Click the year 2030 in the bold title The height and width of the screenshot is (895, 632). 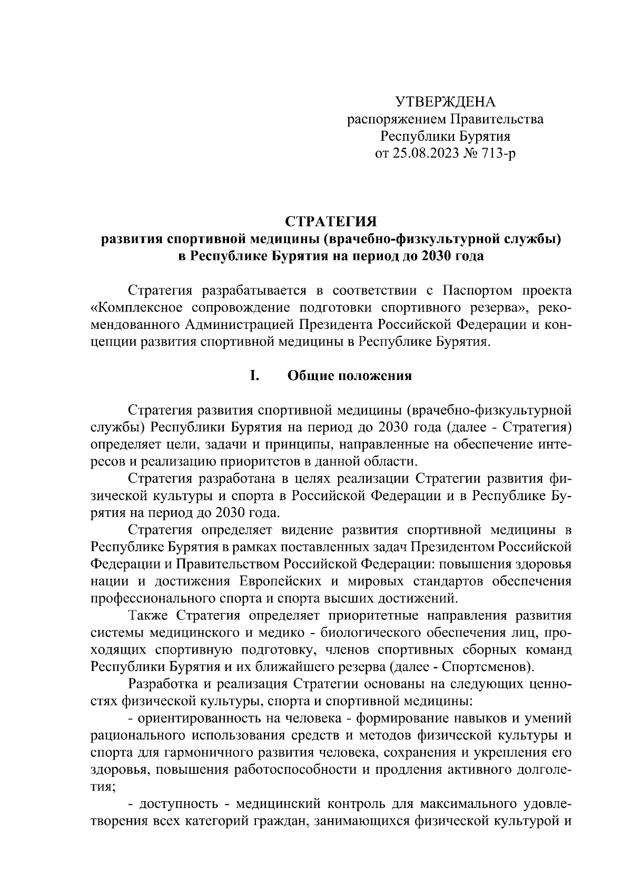point(430,257)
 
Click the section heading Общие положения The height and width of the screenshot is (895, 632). point(350,376)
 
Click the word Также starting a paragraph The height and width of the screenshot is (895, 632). point(149,616)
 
